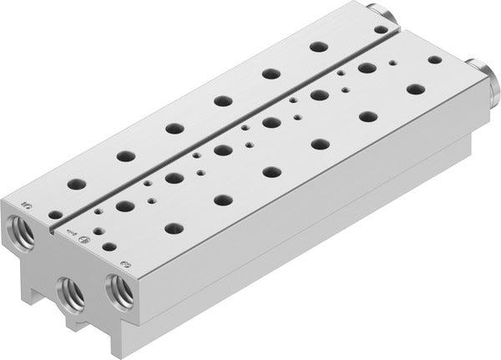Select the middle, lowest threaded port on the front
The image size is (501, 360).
[x=68, y=291]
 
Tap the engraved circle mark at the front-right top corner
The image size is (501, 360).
[x=125, y=264]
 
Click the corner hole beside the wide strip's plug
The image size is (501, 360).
[x=434, y=60]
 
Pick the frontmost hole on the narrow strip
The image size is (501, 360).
[x=55, y=214]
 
